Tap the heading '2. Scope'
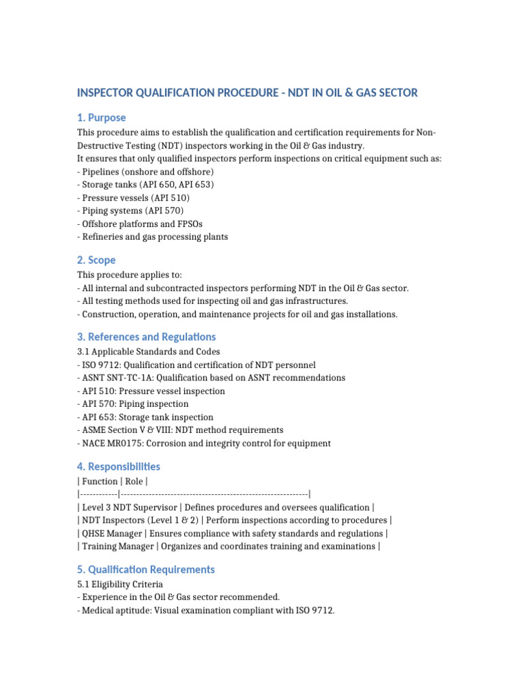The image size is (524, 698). pyautogui.click(x=96, y=260)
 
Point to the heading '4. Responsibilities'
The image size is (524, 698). pyautogui.click(x=119, y=467)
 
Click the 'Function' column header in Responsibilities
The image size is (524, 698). pyautogui.click(x=99, y=482)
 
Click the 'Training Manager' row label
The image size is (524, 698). pyautogui.click(x=117, y=547)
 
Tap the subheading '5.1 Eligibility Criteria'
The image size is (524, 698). pyautogui.click(x=120, y=584)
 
